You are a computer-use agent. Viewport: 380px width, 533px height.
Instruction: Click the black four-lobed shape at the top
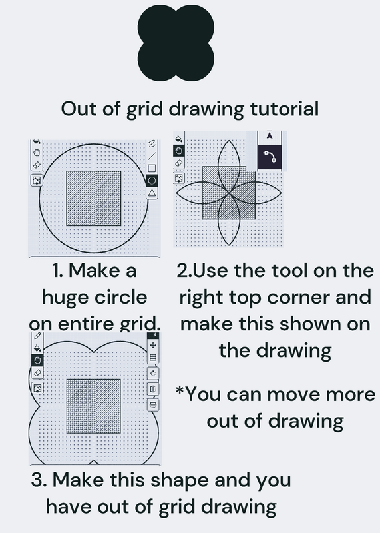click(x=176, y=43)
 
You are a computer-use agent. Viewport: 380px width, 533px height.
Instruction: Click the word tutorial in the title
click(x=284, y=109)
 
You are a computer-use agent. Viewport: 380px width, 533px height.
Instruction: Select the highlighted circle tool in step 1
click(x=152, y=180)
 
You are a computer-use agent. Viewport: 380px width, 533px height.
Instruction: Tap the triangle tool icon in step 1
click(x=152, y=193)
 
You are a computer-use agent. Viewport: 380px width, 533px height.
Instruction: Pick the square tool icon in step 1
click(x=152, y=168)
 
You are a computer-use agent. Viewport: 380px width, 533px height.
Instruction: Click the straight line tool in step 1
click(x=152, y=156)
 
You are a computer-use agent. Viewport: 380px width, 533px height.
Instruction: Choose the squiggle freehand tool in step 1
click(x=152, y=144)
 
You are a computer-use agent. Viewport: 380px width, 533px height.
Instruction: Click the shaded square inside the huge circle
click(x=93, y=198)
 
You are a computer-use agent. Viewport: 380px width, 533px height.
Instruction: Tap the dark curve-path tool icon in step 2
click(x=270, y=157)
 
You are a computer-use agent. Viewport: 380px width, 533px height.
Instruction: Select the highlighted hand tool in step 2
click(x=179, y=151)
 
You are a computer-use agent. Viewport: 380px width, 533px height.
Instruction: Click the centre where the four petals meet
click(x=228, y=193)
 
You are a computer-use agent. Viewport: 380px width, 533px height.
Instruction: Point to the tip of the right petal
click(x=282, y=193)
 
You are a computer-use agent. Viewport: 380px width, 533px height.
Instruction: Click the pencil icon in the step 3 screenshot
click(x=37, y=336)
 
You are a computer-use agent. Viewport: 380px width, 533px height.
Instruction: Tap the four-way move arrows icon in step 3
click(x=153, y=345)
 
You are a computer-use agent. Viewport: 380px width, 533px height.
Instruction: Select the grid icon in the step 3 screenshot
click(x=153, y=358)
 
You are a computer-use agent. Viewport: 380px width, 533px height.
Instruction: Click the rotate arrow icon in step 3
click(x=153, y=373)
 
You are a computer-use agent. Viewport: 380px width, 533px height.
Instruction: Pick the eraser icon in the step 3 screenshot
click(x=37, y=373)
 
